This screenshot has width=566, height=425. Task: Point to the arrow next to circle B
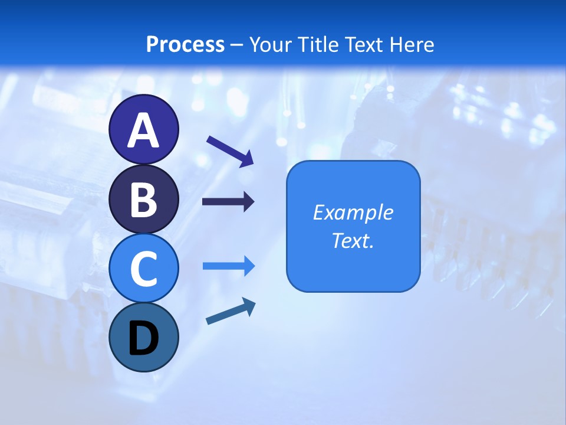228,202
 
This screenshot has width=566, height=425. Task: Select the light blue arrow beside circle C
229,266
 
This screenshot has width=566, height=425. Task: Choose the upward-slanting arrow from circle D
231,312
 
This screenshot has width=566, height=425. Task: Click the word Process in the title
185,44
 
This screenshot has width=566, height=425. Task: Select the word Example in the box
353,212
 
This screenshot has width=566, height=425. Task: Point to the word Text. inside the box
353,240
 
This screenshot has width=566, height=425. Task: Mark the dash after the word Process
237,45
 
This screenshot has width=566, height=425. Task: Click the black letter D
143,339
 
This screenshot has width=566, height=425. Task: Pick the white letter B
143,200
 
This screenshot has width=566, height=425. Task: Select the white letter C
143,269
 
